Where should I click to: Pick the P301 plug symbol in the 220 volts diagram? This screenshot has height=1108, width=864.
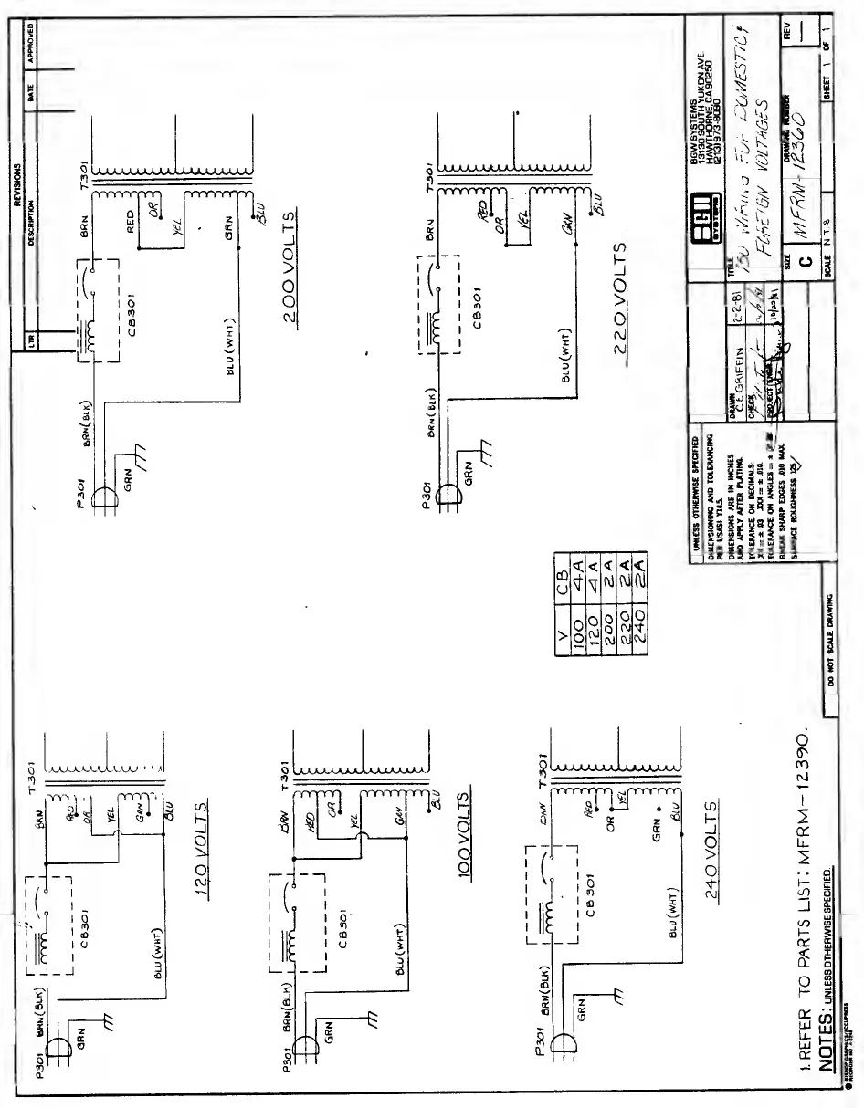(448, 494)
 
